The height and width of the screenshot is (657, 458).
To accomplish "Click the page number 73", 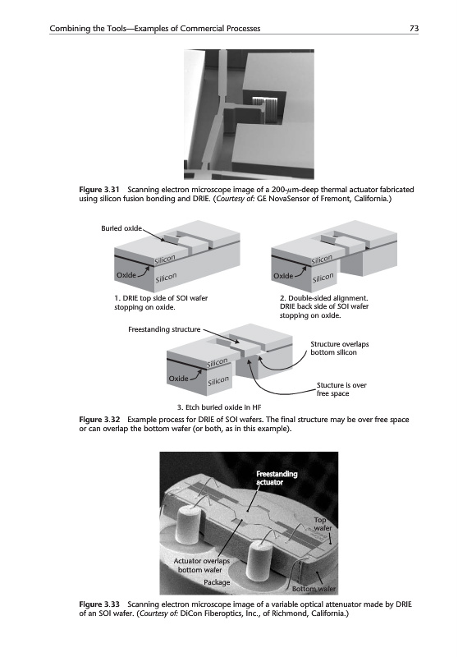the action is pos(414,29).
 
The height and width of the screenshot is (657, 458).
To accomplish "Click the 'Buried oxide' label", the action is pos(121,228).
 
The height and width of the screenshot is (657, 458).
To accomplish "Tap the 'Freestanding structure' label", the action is pos(164,329).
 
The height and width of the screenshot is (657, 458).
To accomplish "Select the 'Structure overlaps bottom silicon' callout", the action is pos(340,348).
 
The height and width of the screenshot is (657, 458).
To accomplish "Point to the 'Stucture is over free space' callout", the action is pos(341,389).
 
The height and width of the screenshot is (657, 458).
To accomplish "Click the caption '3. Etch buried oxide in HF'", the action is pos(219,407).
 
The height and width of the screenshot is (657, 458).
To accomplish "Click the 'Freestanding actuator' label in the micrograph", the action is pos(277,478).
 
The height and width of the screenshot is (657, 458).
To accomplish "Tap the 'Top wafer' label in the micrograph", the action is pos(323,524).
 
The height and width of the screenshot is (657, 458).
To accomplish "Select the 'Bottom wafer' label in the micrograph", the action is pos(314,589).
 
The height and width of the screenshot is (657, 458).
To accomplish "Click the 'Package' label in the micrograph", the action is pos(217,582).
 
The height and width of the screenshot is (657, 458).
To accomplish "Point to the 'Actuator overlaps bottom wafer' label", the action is pos(202,565).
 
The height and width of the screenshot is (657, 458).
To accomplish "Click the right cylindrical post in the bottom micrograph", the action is pos(260,561).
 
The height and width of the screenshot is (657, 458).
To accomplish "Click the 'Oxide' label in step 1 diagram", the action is pos(126,275).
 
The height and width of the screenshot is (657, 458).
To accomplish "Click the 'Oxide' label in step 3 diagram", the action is pos(178,379).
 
